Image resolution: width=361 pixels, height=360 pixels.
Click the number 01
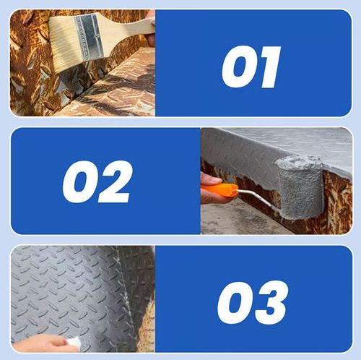tap(251, 67)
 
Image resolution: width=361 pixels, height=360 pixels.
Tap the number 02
tap(97, 181)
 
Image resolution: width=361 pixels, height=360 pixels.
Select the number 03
tap(253, 302)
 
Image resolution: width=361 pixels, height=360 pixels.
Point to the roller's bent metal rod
tap(258, 197)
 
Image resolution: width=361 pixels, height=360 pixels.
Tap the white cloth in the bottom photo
tap(74, 343)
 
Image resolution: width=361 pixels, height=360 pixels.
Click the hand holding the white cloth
tap(41, 343)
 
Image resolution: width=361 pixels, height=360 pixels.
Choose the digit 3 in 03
tap(271, 302)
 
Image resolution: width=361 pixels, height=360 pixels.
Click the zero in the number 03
tap(235, 303)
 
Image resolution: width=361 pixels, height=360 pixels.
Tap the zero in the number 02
tap(79, 182)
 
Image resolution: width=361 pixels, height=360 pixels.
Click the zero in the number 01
tap(238, 67)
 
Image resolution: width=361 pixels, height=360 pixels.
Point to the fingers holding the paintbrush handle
tap(151, 29)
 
